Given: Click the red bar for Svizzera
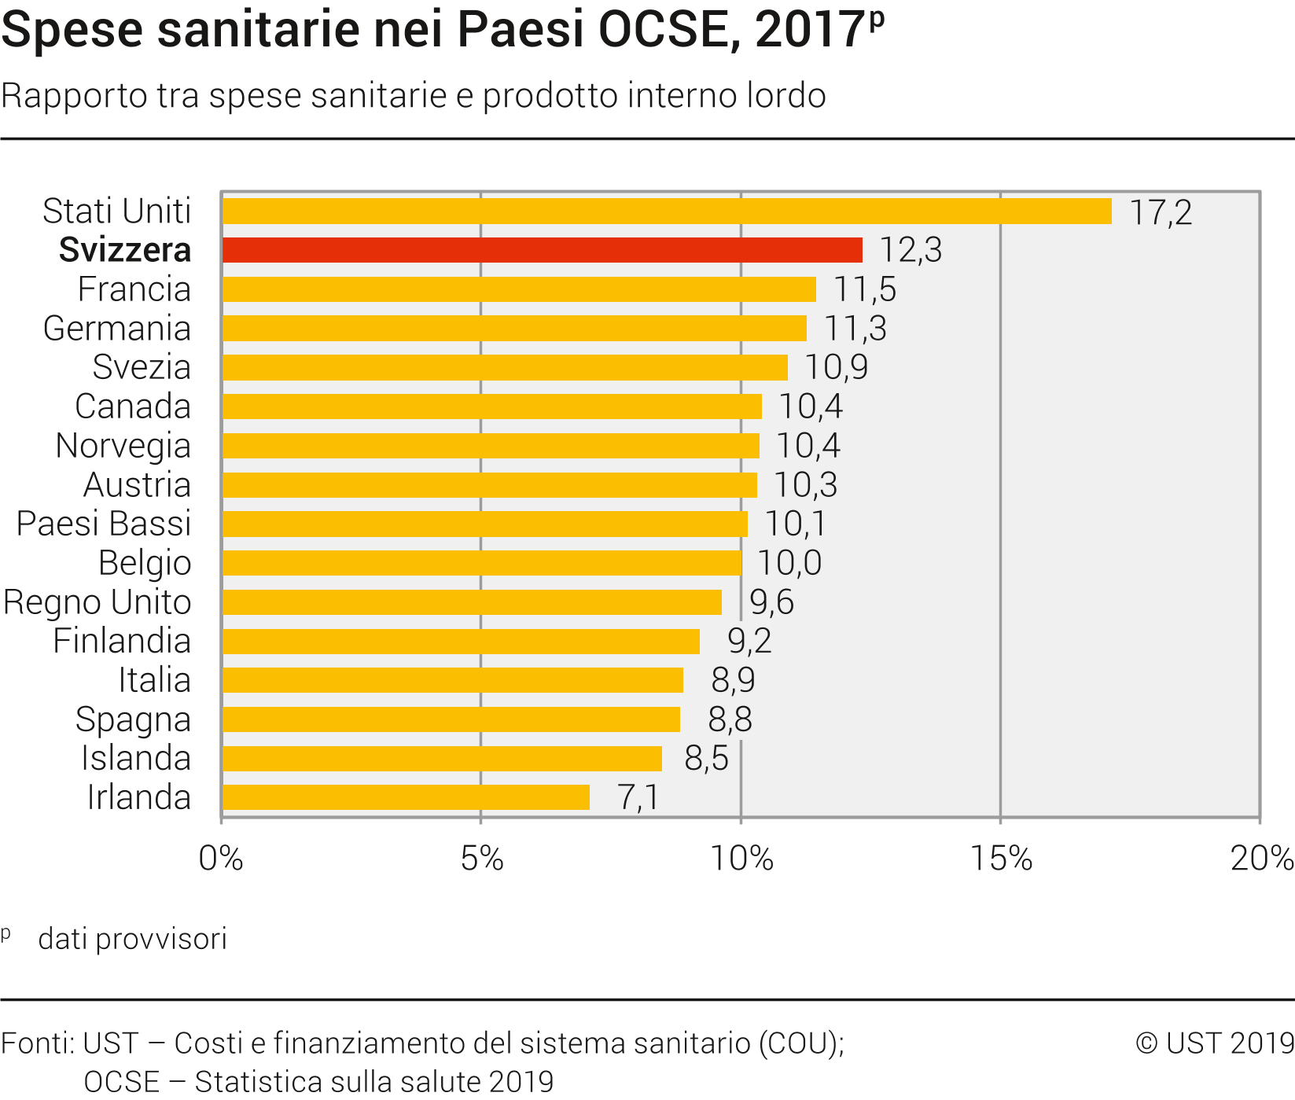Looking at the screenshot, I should point(543,250).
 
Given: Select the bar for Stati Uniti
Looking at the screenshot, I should point(667,212).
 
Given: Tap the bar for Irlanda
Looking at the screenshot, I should point(406,797).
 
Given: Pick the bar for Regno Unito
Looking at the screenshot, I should point(472,602).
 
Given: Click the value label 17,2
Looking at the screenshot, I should point(1161,212).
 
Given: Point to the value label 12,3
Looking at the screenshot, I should point(910,250).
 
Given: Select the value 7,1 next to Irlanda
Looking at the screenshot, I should point(638,797).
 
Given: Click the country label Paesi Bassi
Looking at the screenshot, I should point(104,524).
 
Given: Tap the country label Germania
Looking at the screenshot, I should point(117,329).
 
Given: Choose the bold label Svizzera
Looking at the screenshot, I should point(125,250).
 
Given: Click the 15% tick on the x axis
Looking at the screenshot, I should point(1001,859).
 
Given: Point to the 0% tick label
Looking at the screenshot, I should point(221,859).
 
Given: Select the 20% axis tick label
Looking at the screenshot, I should point(1261,859).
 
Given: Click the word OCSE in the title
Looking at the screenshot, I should point(668,30).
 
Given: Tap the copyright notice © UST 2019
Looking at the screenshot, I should point(1215,1043).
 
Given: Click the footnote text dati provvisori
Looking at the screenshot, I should point(132,939).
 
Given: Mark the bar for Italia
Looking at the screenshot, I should point(453,680).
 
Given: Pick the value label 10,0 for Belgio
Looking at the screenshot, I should point(789,563).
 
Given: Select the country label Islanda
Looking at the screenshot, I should point(136,758).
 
